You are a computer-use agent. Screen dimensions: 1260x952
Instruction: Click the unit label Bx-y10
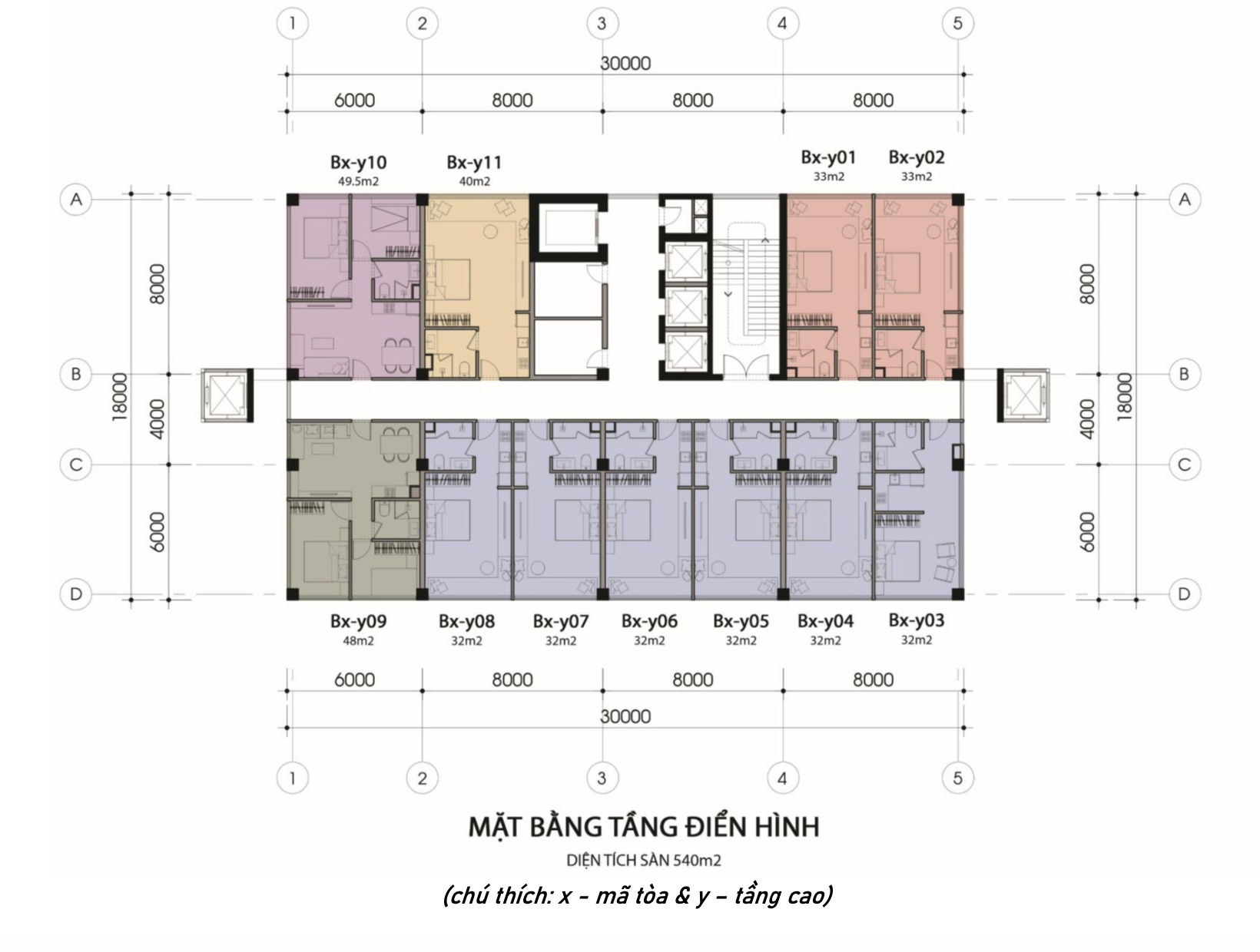point(358,162)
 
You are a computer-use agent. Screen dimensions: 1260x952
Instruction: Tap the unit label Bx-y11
point(474,162)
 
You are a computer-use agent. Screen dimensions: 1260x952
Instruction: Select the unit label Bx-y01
point(828,157)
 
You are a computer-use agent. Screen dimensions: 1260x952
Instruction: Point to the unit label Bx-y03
point(916,620)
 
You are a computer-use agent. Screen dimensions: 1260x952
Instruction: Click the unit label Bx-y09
point(358,621)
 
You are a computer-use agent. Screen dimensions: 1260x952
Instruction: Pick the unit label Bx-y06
point(649,621)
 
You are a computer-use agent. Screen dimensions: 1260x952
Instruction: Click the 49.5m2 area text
point(358,182)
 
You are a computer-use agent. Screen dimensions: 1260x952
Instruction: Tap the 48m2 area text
point(358,640)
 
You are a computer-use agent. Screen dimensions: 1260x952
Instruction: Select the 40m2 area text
point(474,182)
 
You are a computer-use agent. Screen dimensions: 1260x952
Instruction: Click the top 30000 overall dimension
point(625,63)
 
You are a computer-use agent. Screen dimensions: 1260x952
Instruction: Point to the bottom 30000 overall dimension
point(625,717)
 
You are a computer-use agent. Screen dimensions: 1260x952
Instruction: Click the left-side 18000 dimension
point(119,397)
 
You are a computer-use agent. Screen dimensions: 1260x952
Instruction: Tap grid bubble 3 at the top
point(602,24)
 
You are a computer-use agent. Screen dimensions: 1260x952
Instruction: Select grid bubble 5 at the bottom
point(957,778)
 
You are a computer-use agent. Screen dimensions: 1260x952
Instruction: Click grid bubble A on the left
point(76,200)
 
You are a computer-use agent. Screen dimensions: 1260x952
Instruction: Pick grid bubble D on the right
point(1184,594)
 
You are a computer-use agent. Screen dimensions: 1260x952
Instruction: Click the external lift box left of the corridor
point(227,395)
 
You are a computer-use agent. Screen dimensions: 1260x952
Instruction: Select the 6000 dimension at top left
point(354,101)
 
